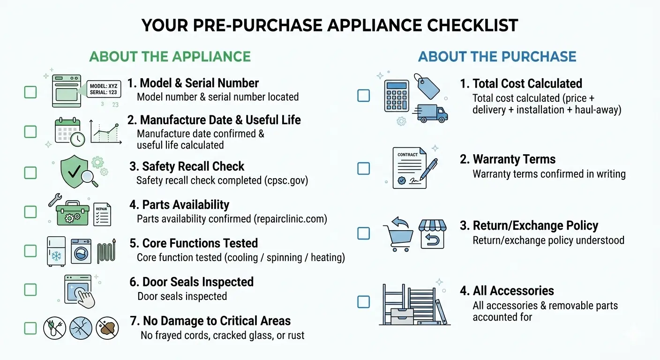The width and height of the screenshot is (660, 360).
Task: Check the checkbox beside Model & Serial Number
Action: (30, 91)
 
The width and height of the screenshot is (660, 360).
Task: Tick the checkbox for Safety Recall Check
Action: (30, 172)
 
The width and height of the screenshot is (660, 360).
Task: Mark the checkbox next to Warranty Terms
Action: (364, 168)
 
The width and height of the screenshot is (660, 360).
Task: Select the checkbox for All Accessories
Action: (364, 301)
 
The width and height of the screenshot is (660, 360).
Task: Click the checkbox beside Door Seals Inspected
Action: (30, 289)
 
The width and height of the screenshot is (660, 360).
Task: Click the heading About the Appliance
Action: (170, 57)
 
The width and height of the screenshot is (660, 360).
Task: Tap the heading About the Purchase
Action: (497, 57)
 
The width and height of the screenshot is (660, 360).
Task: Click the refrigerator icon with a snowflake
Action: (56, 251)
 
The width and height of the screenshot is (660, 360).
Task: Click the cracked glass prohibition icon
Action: (81, 328)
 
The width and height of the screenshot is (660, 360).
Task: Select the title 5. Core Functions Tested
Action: (194, 243)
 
